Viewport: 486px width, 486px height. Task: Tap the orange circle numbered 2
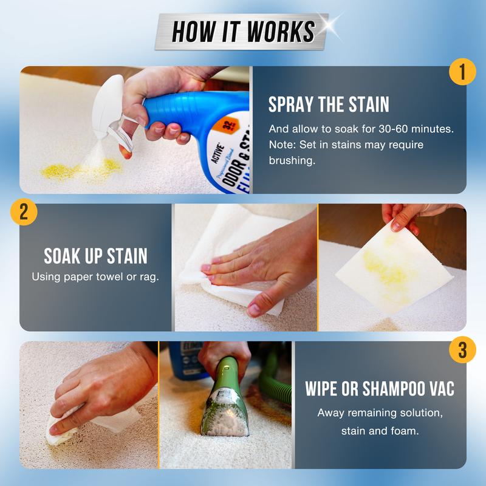click(24, 212)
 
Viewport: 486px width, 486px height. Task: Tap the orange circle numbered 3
click(462, 350)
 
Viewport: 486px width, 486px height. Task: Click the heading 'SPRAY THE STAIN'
click(329, 104)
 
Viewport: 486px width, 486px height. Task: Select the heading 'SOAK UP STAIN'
click(95, 256)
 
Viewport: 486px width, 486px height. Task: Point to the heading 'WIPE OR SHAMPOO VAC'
click(379, 389)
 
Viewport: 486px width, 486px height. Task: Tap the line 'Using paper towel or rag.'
click(95, 278)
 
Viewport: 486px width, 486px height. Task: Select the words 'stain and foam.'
click(379, 432)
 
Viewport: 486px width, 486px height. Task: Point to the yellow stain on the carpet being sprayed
click(79, 169)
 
